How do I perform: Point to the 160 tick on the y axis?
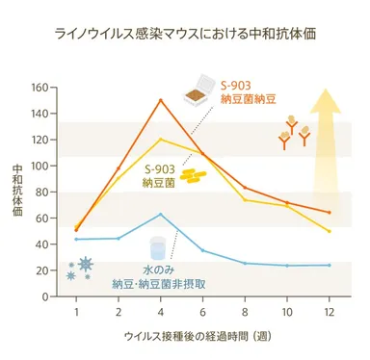[40, 88]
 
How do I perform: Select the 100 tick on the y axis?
[40, 166]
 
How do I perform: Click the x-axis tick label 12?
[330, 313]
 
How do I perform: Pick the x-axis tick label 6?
[202, 313]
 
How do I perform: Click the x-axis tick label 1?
[76, 313]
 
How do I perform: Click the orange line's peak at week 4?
[160, 100]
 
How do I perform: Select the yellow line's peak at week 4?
[160, 140]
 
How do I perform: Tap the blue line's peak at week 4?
[160, 214]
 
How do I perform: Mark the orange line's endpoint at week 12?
[330, 213]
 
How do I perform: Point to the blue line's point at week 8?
[245, 263]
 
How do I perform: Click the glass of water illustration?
[158, 248]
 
